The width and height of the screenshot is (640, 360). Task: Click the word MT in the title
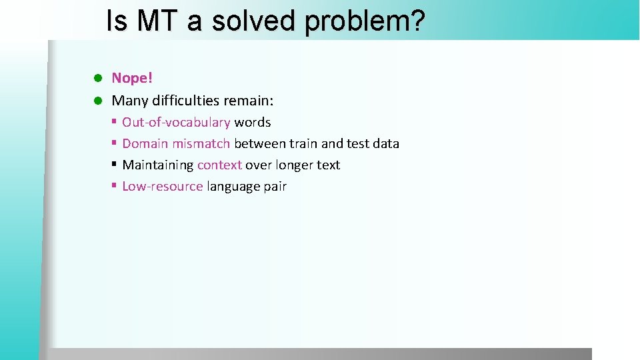pos(157,21)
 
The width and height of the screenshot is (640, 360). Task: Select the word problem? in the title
pos(365,21)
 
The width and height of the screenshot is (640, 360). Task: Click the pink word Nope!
pos(132,78)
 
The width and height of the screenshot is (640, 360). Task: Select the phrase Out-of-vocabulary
pos(176,123)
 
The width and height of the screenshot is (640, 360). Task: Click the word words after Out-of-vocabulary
pos(252,123)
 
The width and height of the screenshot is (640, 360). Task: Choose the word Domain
pos(145,144)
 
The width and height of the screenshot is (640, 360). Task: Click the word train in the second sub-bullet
pos(303,144)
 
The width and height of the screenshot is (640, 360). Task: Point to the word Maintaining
pos(158,165)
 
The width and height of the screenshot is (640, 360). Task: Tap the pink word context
pos(219,165)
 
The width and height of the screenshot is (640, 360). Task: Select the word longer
pos(293,165)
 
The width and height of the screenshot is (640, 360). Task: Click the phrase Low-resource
pos(162,187)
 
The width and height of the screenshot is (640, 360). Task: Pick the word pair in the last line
pos(275,187)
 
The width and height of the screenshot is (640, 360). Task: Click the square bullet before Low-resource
pos(115,185)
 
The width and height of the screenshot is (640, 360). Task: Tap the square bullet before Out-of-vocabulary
pos(115,121)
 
